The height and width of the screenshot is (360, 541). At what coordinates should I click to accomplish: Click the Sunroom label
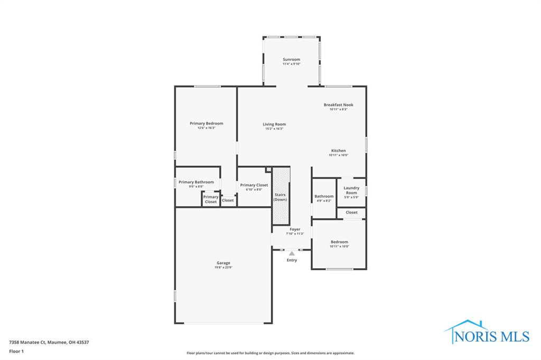(291, 60)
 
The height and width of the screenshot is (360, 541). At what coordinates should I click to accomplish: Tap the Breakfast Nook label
(338, 105)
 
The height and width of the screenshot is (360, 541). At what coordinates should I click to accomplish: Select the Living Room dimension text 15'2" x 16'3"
(274, 129)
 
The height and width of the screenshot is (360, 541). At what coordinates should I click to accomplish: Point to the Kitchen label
(338, 150)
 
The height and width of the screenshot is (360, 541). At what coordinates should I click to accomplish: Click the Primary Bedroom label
(207, 124)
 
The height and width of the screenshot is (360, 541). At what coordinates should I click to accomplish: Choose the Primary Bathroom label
(196, 182)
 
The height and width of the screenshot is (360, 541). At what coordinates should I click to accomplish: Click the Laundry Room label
(351, 190)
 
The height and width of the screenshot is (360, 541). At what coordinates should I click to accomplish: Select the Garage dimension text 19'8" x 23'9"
(223, 268)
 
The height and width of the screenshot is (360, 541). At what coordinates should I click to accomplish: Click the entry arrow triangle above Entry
(292, 254)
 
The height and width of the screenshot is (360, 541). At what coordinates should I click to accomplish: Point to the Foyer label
(295, 230)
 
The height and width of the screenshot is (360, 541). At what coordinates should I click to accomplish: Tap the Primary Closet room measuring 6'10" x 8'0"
(254, 187)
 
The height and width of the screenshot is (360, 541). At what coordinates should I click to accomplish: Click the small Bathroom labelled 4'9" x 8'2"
(324, 198)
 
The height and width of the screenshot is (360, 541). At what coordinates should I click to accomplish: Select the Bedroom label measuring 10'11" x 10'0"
(339, 242)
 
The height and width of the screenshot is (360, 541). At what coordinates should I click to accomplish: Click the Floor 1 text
(16, 351)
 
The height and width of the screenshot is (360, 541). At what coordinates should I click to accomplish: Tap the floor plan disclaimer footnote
(270, 353)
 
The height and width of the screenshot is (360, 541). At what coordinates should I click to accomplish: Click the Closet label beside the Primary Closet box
(228, 201)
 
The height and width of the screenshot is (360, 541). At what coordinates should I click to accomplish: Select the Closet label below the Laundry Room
(351, 212)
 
